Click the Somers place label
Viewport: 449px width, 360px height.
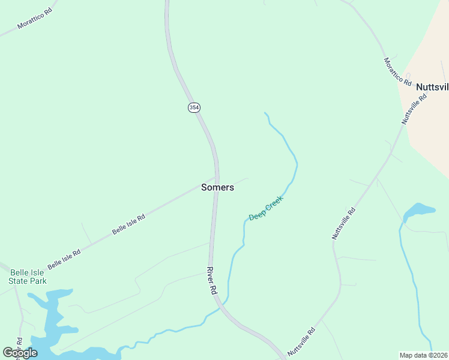click(x=217, y=187)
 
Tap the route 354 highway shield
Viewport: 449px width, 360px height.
click(x=193, y=107)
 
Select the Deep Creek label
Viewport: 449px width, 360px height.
click(x=265, y=207)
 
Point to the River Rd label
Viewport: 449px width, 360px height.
click(x=212, y=280)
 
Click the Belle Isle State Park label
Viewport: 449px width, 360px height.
click(x=28, y=276)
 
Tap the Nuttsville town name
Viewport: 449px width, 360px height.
click(x=432, y=87)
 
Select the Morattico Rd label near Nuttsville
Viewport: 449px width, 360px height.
click(x=397, y=71)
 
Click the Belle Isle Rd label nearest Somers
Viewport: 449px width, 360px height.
click(x=128, y=224)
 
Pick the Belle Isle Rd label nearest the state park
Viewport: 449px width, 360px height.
click(x=64, y=259)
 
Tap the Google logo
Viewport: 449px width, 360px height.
click(x=20, y=353)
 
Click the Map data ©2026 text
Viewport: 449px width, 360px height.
click(x=423, y=355)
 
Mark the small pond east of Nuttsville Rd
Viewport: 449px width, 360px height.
click(x=418, y=211)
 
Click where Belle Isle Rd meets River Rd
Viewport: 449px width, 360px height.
click(x=215, y=177)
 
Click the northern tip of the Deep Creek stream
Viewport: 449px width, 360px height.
click(x=265, y=113)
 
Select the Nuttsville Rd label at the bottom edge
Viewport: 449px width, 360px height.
click(x=301, y=341)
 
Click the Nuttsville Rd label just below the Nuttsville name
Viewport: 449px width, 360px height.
click(x=414, y=109)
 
